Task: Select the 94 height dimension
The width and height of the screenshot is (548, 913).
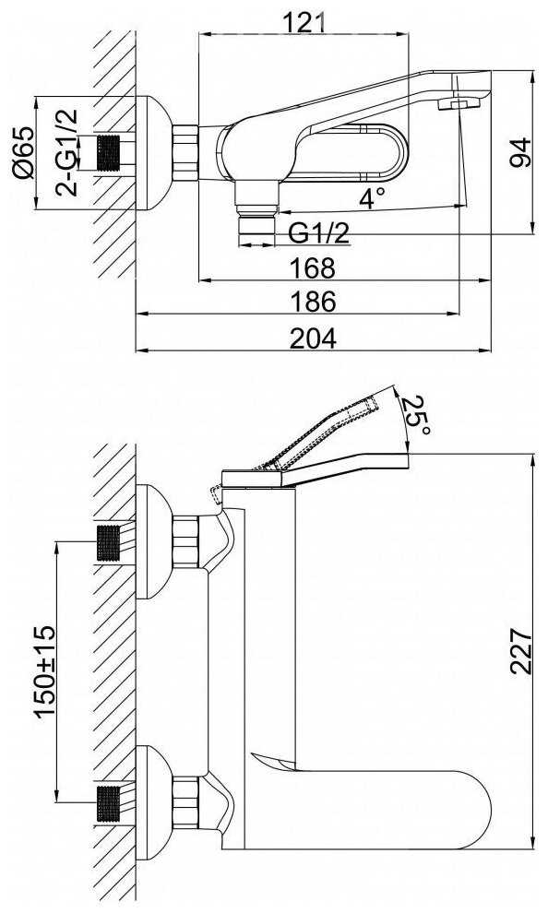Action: (520, 152)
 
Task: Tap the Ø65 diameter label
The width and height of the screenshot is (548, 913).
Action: (24, 152)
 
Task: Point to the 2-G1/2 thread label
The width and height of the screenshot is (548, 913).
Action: (66, 152)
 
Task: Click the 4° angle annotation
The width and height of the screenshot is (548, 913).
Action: (372, 198)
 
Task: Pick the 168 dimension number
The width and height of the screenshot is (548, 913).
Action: (313, 267)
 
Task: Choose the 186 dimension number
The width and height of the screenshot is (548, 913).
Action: (313, 302)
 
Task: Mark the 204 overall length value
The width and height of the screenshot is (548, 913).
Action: (313, 338)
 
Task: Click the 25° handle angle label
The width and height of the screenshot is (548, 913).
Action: (418, 415)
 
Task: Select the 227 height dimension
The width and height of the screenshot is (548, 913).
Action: (520, 651)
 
